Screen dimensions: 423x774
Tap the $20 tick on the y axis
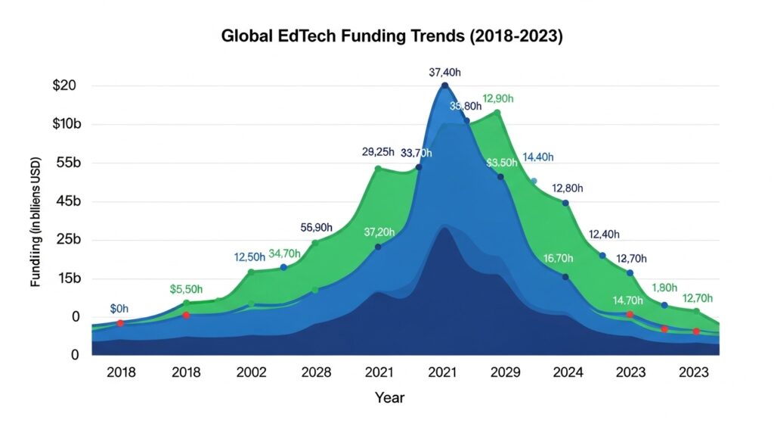[64, 86]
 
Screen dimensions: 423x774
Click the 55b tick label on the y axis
[66, 163]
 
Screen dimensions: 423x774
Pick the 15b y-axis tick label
[66, 278]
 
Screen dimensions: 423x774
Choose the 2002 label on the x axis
[251, 373]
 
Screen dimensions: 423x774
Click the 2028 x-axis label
[315, 373]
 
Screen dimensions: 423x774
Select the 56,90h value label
[316, 227]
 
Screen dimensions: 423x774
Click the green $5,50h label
[187, 288]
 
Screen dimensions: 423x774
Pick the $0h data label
[119, 308]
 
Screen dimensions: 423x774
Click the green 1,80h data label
[664, 288]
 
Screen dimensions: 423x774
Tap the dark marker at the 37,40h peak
[444, 86]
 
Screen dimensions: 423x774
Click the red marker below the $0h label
[120, 323]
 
